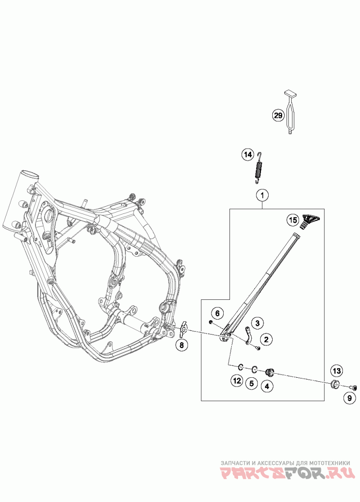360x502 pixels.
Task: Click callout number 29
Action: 278,115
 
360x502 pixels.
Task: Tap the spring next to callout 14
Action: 259,168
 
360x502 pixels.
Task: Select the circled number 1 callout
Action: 262,195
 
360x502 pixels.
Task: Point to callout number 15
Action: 292,221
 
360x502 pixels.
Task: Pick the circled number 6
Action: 218,313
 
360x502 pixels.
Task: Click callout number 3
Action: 257,323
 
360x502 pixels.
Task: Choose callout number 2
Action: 266,339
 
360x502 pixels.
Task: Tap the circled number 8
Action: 182,345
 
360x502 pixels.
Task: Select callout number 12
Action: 237,380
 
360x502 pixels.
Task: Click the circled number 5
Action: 252,383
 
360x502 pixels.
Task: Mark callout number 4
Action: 267,386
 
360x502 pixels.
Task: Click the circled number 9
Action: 350,398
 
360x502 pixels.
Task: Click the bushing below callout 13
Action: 335,384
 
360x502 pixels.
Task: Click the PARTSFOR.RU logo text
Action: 288,473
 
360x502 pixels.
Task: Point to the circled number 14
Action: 247,155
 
